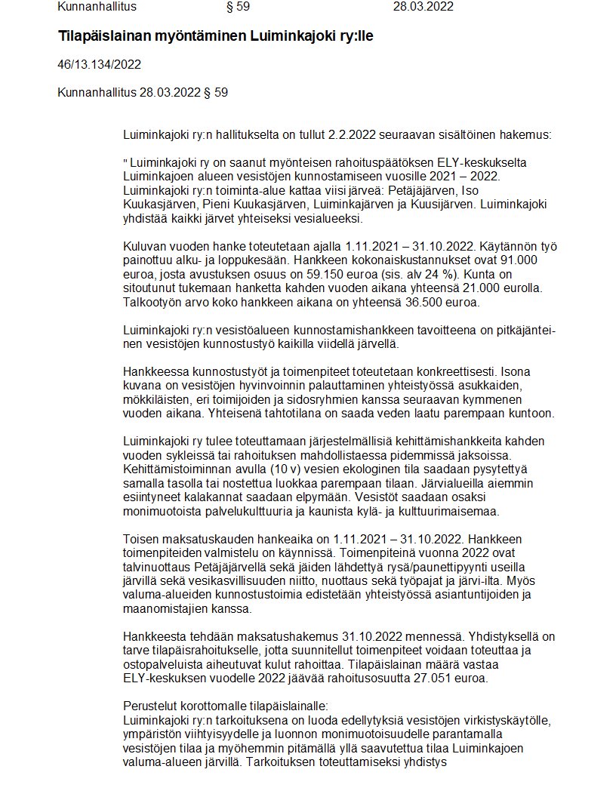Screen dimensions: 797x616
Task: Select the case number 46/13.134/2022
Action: click(x=99, y=64)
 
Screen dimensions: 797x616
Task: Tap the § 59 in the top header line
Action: click(x=238, y=8)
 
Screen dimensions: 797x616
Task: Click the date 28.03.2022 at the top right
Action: click(x=423, y=8)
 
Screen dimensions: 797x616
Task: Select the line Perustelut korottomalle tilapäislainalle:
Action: click(x=226, y=706)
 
